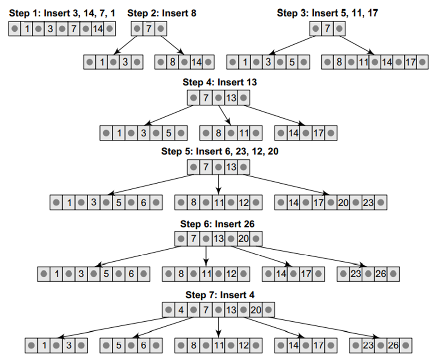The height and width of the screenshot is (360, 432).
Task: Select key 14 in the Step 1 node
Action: click(97, 29)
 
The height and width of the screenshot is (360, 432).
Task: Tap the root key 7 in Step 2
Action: click(148, 29)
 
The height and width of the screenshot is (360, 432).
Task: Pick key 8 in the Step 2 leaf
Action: click(173, 62)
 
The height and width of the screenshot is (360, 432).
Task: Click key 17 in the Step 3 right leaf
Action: click(409, 62)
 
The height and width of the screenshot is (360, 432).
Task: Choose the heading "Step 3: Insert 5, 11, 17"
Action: click(327, 13)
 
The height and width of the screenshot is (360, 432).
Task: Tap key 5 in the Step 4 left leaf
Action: click(169, 133)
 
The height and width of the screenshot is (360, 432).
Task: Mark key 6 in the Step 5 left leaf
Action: click(144, 202)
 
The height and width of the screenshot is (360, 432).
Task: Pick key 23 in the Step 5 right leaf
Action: click(368, 202)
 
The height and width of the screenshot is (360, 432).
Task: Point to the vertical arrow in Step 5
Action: click(218, 184)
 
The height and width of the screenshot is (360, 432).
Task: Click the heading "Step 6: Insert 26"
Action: click(217, 224)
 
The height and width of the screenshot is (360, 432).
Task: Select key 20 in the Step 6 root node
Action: click(244, 239)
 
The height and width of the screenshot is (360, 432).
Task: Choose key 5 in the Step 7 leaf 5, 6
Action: click(118, 345)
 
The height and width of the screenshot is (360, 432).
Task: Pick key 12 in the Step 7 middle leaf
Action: click(244, 345)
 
